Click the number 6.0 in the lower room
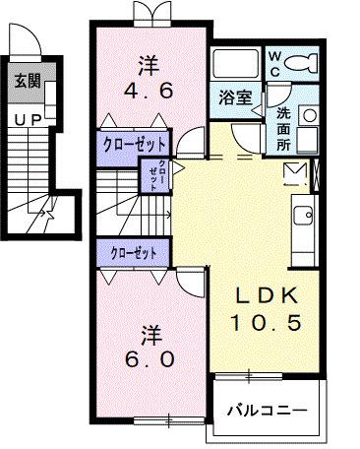(x=150, y=358)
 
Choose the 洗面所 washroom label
(x=284, y=126)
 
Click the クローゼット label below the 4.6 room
(x=135, y=143)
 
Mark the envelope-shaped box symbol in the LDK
(x=295, y=173)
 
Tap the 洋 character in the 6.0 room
(x=150, y=331)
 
